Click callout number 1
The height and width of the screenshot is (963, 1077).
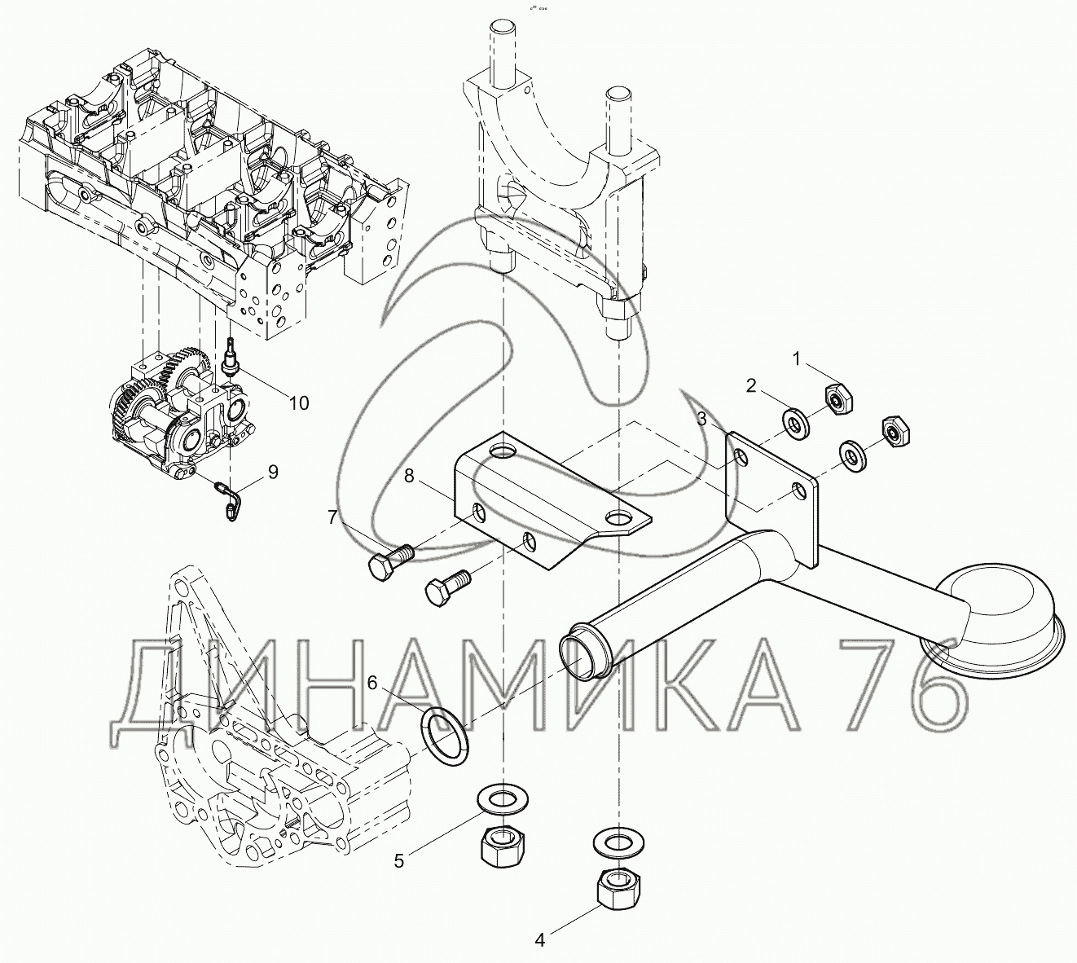pyautogui.click(x=796, y=360)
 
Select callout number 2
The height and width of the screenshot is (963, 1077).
pyautogui.click(x=750, y=386)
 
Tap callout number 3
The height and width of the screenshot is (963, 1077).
pyautogui.click(x=701, y=420)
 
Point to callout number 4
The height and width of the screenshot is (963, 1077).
pyautogui.click(x=539, y=940)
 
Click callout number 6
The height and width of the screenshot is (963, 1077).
pyautogui.click(x=372, y=683)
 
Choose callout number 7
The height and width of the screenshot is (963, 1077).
pyautogui.click(x=332, y=517)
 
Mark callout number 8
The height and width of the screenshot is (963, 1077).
pyautogui.click(x=408, y=476)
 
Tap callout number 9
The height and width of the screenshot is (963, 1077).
pyautogui.click(x=273, y=472)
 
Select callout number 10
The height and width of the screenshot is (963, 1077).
pyautogui.click(x=299, y=403)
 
